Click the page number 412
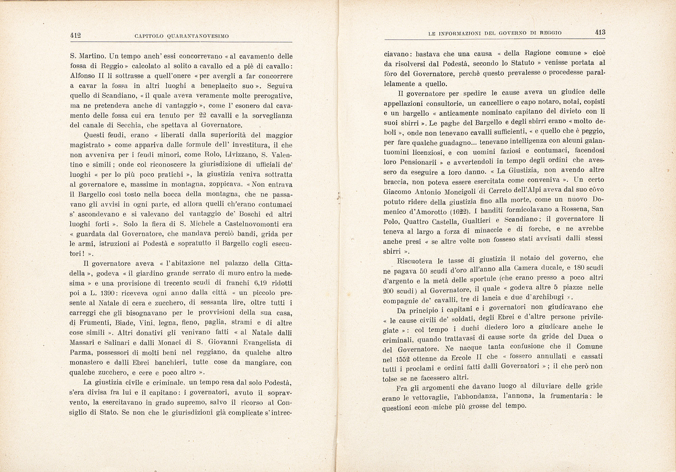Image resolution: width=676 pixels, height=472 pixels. (75, 35)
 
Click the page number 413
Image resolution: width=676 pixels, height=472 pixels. (600, 32)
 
